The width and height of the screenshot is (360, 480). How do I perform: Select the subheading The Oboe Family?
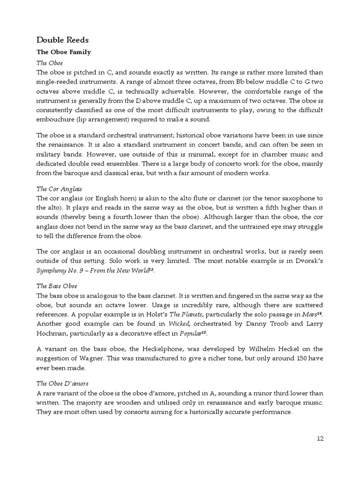tap(63, 52)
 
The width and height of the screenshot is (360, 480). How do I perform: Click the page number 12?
tap(320, 439)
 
